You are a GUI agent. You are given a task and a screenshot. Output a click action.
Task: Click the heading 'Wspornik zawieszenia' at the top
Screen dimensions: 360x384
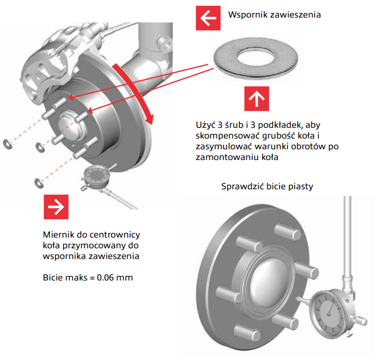(x=274, y=15)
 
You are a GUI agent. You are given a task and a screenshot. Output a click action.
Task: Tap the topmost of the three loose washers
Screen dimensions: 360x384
(x=7, y=144)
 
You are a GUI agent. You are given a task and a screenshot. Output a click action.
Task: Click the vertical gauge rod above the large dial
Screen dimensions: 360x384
(x=348, y=234)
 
